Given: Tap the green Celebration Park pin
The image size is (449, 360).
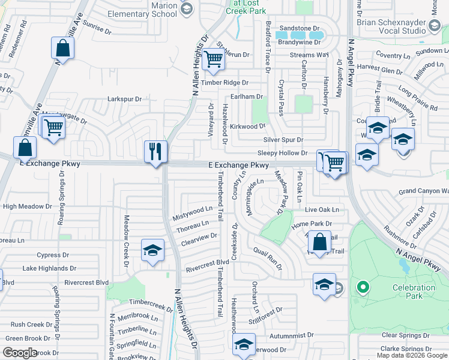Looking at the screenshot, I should (x=362, y=287).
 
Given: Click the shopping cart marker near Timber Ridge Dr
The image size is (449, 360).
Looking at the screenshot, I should (x=214, y=59).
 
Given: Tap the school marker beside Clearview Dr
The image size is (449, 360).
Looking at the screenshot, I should (x=152, y=250).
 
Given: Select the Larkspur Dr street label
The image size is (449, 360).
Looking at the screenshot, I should (x=124, y=99).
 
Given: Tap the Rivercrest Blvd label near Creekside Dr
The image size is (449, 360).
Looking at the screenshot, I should (x=207, y=263).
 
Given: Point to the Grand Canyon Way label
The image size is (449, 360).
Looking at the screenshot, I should (x=423, y=191).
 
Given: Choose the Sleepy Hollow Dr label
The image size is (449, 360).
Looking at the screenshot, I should (x=282, y=154).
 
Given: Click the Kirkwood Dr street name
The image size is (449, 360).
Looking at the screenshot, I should (x=247, y=127).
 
